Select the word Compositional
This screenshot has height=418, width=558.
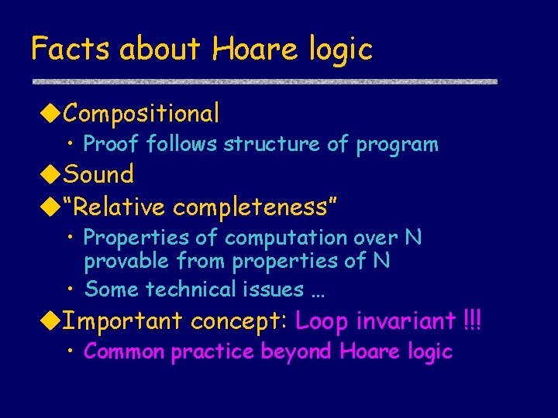coord(142,114)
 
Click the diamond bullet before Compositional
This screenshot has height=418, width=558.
coord(50,114)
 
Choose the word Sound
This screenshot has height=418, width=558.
coord(98,174)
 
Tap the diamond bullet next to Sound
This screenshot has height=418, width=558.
coord(50,174)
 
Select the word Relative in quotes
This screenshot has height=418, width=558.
coord(118,207)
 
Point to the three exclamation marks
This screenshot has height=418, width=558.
coord(471,320)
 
